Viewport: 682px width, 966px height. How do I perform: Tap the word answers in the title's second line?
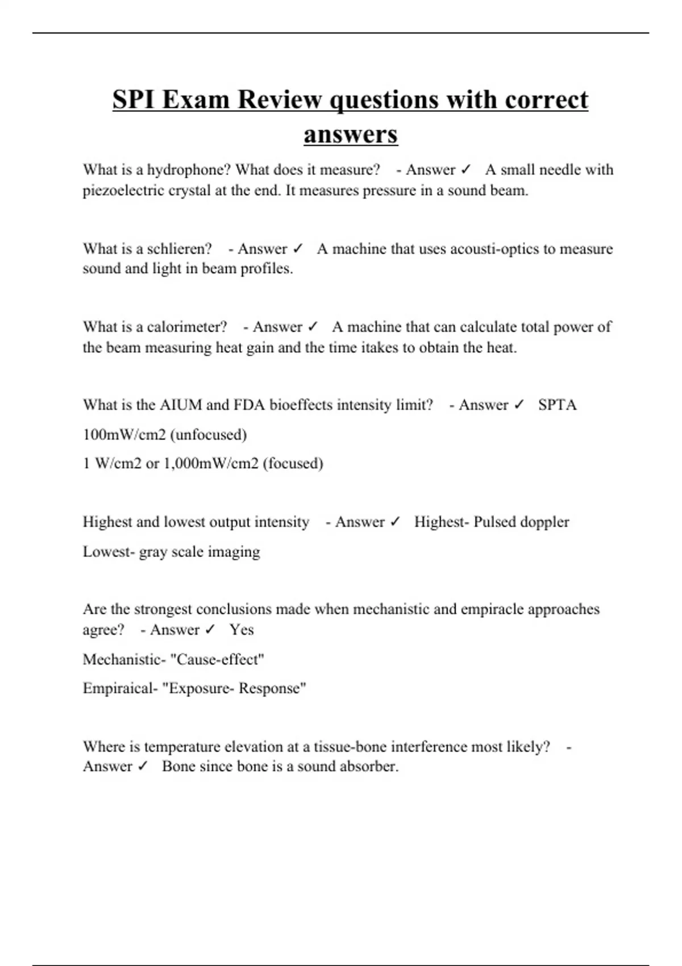(351, 135)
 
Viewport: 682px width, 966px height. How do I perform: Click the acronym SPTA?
(557, 405)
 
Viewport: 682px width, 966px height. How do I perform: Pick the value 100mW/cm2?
(124, 435)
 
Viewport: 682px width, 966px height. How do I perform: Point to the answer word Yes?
(242, 630)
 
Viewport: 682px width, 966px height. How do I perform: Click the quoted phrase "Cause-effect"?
(217, 660)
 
